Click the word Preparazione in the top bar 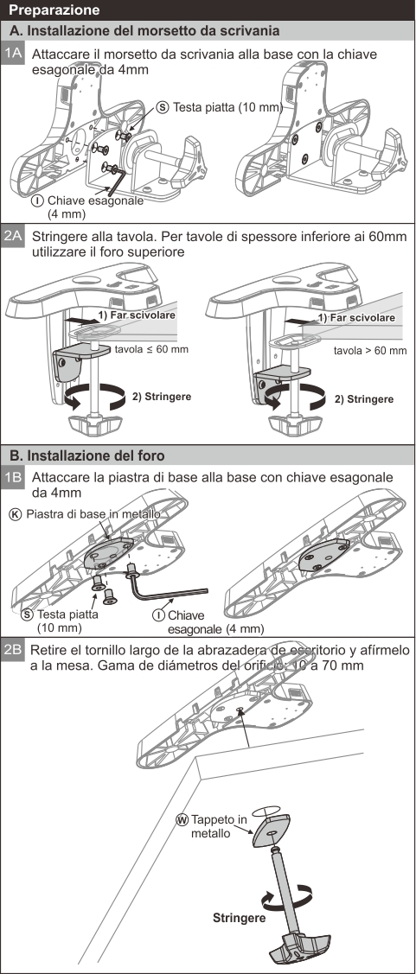54,10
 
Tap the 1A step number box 13,54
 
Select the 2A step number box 13,237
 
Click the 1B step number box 13,478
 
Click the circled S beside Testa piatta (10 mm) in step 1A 163,107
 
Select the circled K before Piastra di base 16,514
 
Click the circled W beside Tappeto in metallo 182,819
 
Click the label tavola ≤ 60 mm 151,349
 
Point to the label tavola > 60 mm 370,350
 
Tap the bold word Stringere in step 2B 240,918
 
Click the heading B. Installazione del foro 87,455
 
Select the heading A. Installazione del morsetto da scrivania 145,30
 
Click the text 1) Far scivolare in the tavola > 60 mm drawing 355,317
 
